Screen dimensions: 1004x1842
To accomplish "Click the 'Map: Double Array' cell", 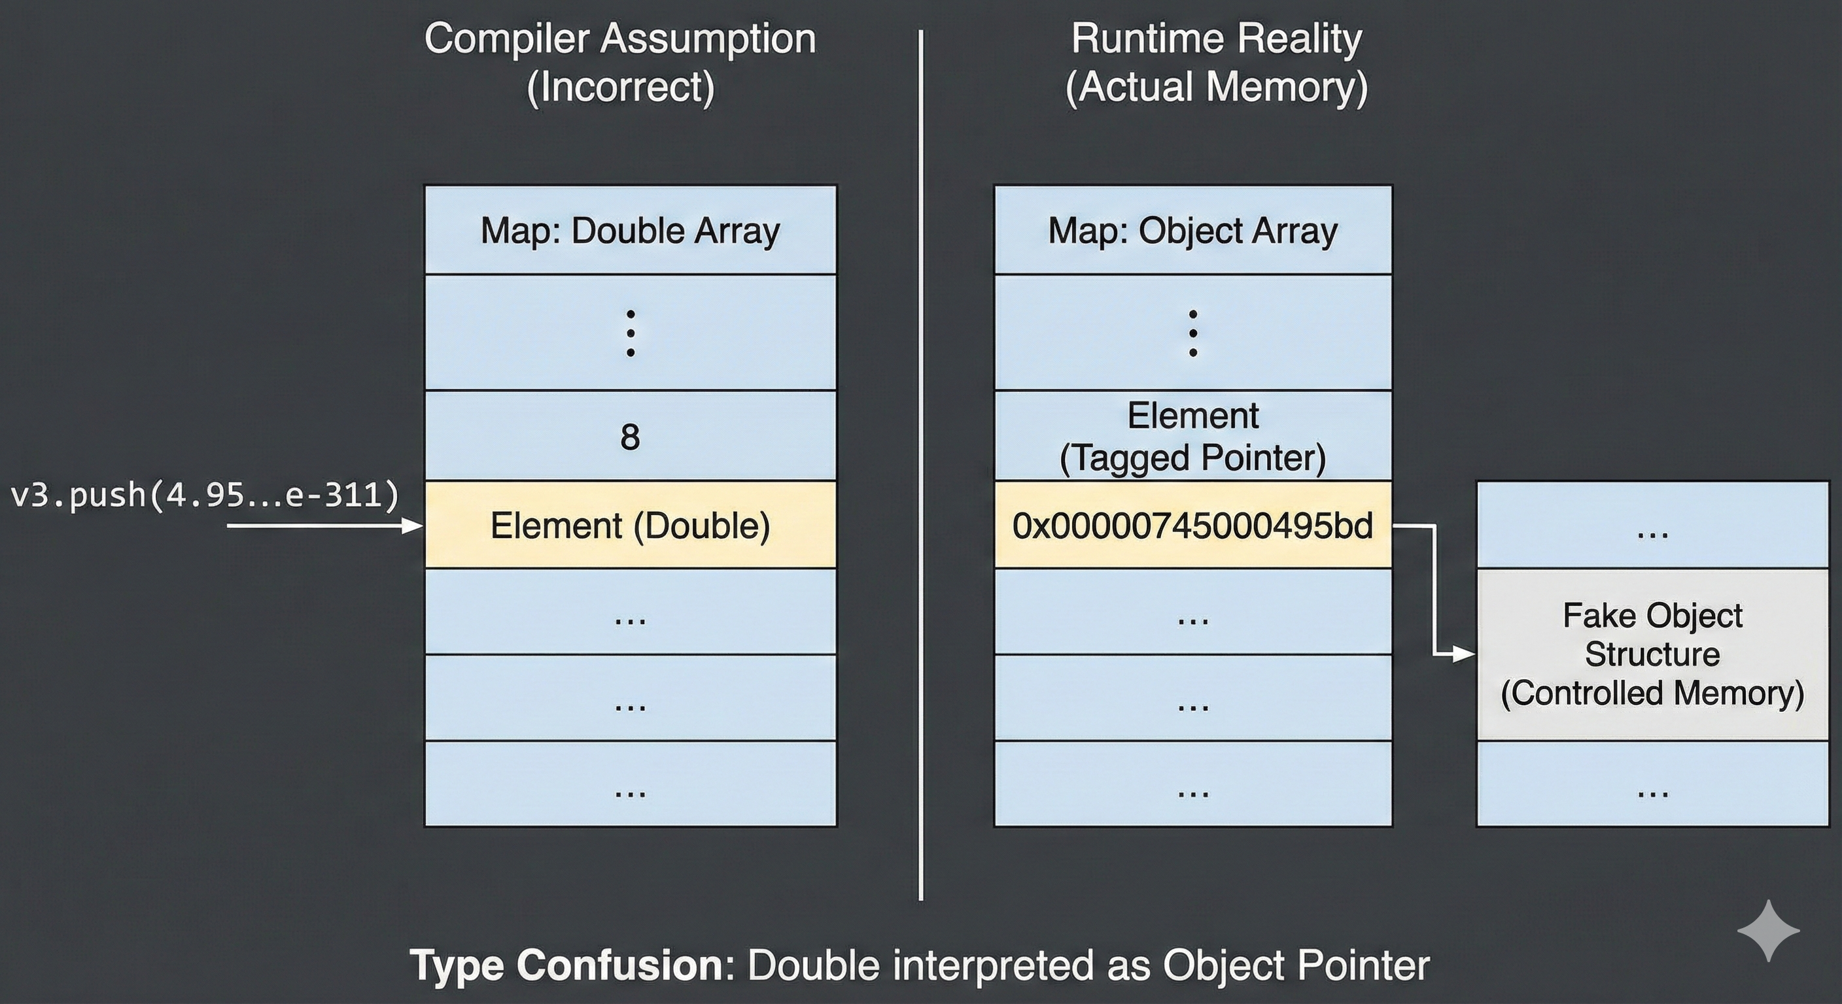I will tap(630, 231).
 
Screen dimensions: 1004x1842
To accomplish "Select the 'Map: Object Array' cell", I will tap(1192, 231).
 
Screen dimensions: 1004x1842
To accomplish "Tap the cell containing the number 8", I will tap(630, 436).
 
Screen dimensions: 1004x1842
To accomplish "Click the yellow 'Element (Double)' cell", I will tap(630, 526).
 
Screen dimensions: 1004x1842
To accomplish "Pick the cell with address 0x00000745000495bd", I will tap(1192, 526).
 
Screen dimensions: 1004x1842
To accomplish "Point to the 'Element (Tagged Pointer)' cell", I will tap(1192, 436).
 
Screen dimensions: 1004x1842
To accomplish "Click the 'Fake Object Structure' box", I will tap(1652, 654).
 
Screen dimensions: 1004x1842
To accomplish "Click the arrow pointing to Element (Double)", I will tap(322, 527).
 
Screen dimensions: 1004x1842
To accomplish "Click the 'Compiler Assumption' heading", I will tap(620, 39).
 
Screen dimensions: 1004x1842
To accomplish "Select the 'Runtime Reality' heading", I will tap(1216, 39).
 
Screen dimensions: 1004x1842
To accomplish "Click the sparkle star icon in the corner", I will tap(1768, 930).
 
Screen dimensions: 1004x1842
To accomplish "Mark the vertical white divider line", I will tap(920, 465).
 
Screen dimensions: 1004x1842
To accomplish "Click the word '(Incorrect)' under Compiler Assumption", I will tap(620, 87).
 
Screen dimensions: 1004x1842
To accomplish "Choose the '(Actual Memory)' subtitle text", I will tap(1216, 87).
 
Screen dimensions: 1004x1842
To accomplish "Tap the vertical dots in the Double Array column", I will tap(630, 333).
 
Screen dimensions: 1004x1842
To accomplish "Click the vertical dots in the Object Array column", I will tap(1192, 333).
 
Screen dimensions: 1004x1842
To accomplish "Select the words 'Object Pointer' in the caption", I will tap(1296, 965).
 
